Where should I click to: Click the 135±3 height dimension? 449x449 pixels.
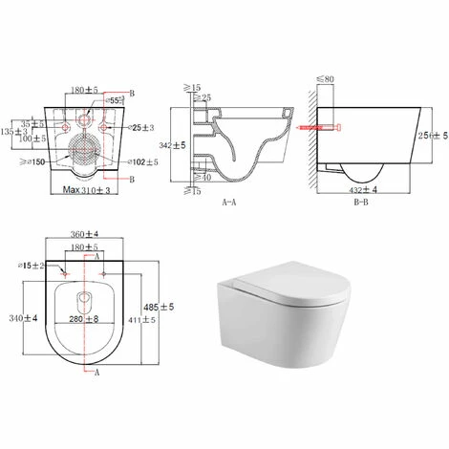tap(11, 127)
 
